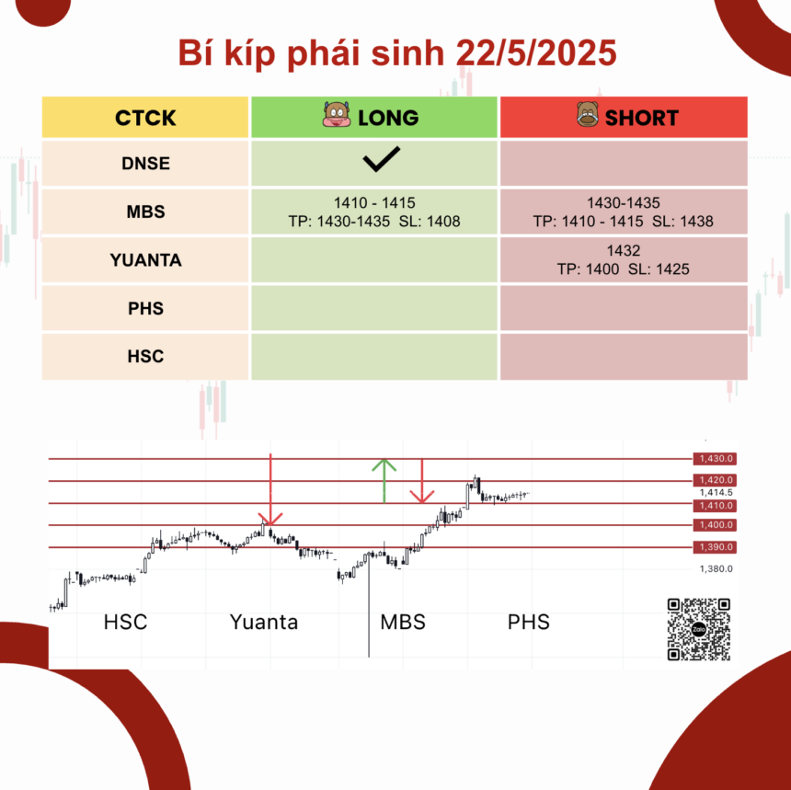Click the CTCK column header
point(145,118)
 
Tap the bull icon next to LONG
point(337,115)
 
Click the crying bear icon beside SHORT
point(588,114)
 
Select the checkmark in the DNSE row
point(382,159)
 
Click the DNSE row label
point(145,164)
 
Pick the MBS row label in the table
point(145,212)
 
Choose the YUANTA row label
point(145,260)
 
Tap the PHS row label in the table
point(145,308)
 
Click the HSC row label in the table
point(145,357)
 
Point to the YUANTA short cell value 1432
point(624,251)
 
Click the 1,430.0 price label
point(715,459)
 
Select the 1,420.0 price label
point(715,480)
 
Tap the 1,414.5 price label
point(716,492)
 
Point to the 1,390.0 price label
point(715,547)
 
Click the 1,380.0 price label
point(716,569)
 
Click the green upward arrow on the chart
point(384,481)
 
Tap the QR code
point(699,629)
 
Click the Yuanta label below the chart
point(264,622)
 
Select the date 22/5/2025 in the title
point(535,52)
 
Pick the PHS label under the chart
point(528,622)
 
